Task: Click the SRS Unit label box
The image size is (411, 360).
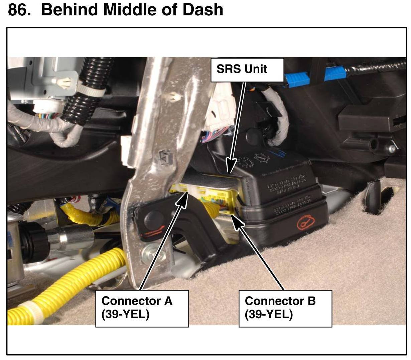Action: (x=247, y=70)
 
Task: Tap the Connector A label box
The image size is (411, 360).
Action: (x=142, y=308)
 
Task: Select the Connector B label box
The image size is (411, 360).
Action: (x=285, y=308)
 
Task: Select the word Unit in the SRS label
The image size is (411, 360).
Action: (x=256, y=69)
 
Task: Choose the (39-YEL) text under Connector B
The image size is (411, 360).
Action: (x=269, y=315)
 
